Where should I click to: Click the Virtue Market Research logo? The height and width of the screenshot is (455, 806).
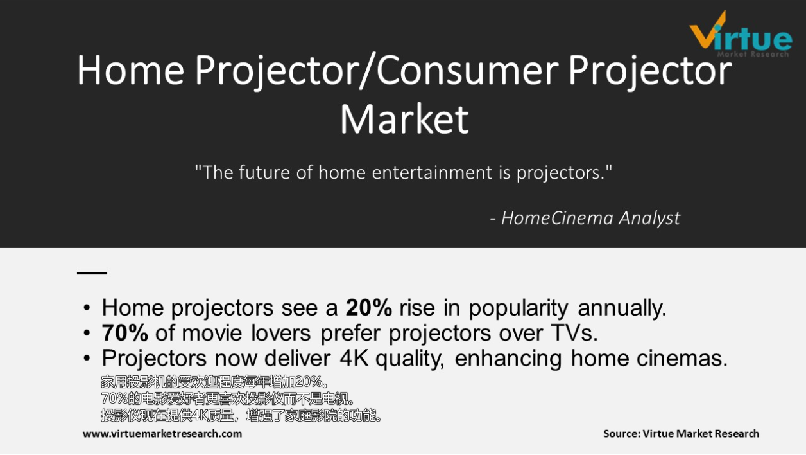coord(740,34)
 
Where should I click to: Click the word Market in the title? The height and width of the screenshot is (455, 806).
coord(404,120)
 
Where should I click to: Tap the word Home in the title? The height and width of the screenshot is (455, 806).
coord(131,70)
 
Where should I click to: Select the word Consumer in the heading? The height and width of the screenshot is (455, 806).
coord(467,70)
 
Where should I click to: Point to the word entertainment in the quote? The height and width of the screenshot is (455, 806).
coord(433,172)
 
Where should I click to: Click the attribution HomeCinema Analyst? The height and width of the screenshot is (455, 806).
coord(590,218)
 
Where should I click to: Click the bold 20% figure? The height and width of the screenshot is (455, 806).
coord(368,308)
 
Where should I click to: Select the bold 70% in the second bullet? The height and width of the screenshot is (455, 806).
coord(124,332)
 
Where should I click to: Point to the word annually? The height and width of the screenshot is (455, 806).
coord(622,308)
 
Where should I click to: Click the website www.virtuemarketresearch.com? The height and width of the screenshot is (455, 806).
coord(162,433)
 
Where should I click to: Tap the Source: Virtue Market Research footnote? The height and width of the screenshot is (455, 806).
coord(681,433)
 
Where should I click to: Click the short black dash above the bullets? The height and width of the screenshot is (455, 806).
coord(92,273)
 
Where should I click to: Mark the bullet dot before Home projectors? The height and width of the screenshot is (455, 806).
coord(87,308)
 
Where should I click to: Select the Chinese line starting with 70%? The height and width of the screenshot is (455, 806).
coord(227,398)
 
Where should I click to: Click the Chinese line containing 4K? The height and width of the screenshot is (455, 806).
coord(241,415)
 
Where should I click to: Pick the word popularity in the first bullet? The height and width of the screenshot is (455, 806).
coord(518,308)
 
